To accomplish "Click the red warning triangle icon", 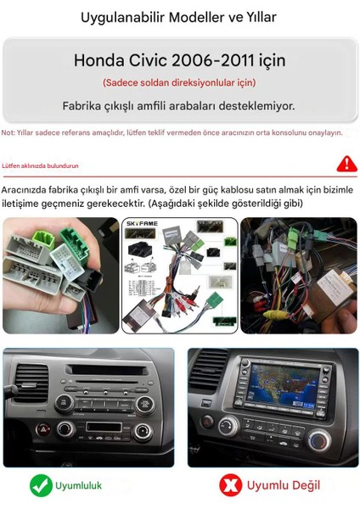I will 346,164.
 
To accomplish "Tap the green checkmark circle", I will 42,485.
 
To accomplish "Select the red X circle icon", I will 230,485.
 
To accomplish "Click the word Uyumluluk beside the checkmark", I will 78,486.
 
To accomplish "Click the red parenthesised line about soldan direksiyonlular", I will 179,82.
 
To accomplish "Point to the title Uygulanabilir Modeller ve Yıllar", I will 178,17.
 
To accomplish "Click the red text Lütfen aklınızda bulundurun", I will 40,166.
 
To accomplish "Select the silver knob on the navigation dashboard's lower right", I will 319,439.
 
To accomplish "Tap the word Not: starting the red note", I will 8,132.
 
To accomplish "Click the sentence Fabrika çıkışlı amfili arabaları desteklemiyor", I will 179,106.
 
